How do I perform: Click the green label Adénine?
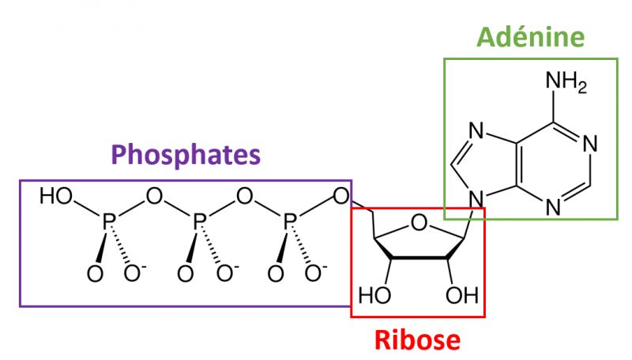coord(531,36)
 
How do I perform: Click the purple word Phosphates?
coord(186,155)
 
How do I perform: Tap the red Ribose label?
coord(416,340)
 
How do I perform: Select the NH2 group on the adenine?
coord(566,83)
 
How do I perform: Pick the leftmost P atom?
coord(108,227)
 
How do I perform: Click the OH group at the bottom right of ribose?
coord(462,296)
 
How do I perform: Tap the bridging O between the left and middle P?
coord(153,196)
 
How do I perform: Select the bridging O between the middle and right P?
coord(245,196)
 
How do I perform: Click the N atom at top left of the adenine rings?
coord(476,130)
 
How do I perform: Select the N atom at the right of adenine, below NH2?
coord(591,144)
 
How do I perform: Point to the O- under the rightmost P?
coord(314,273)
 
